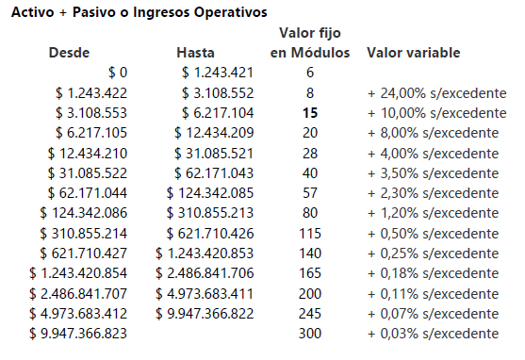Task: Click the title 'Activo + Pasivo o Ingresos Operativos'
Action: pos(139,12)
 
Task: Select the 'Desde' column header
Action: pos(69,53)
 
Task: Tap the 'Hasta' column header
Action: pos(195,53)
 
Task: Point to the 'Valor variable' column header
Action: pos(414,53)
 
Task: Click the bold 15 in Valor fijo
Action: pos(310,113)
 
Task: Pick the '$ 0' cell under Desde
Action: pos(118,73)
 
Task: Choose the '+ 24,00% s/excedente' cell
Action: pos(437,93)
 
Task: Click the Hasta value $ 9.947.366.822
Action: pos(205,314)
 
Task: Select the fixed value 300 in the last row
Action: pos(310,334)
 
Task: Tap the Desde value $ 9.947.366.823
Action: pos(78,334)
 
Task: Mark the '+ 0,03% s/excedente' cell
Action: pos(434,334)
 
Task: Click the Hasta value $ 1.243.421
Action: pos(218,73)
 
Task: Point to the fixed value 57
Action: pos(310,193)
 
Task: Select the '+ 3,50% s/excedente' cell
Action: pos(434,173)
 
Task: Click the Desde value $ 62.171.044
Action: pos(88,193)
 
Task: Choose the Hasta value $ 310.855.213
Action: pos(210,213)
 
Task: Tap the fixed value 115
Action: pos(310,234)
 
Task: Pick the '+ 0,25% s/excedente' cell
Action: pos(434,254)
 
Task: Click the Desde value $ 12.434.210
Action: pos(88,154)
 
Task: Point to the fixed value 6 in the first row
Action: pos(310,73)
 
